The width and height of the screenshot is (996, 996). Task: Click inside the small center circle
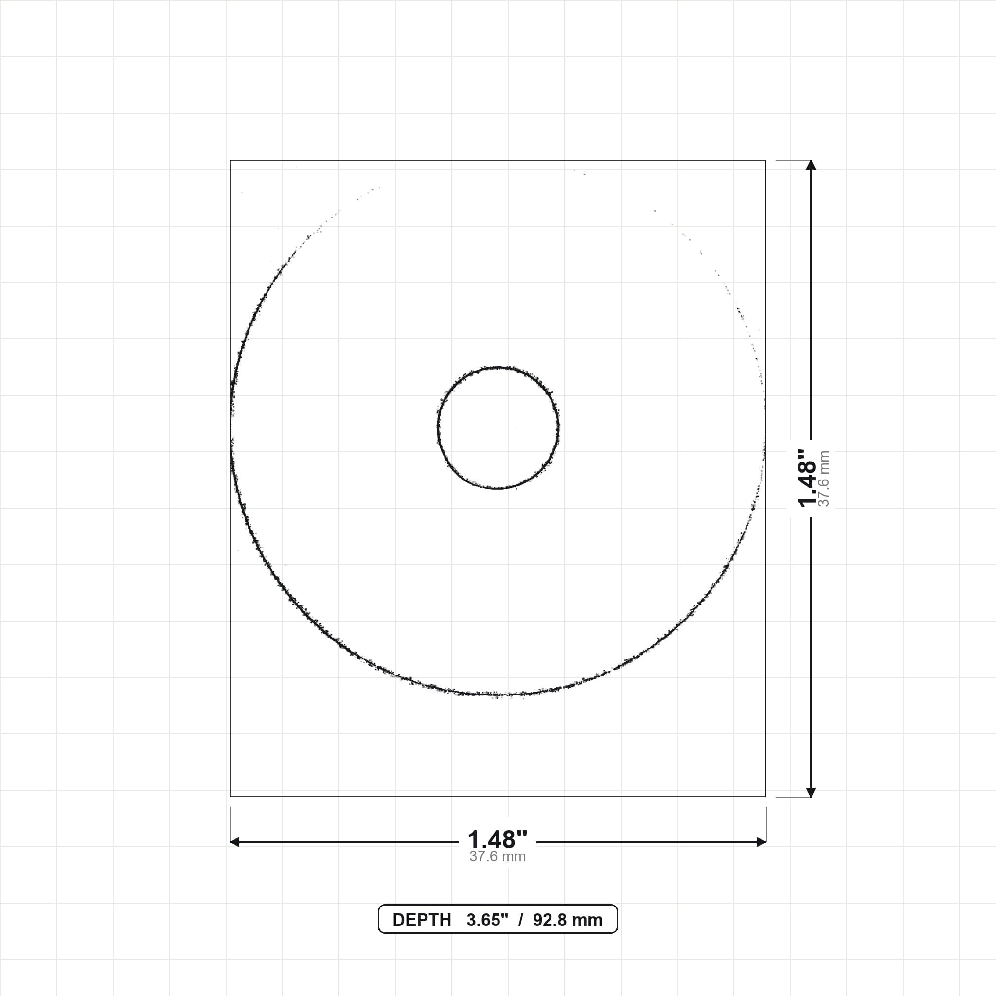coord(498,427)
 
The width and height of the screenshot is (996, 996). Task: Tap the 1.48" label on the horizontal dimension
coord(498,840)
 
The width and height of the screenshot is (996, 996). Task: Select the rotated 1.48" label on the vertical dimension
coord(807,478)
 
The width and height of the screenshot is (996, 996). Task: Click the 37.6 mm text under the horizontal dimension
coord(498,857)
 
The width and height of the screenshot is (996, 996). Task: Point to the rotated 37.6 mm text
coord(824,479)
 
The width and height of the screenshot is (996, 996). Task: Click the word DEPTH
coord(422,920)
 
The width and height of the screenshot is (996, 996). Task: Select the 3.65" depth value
coord(487,920)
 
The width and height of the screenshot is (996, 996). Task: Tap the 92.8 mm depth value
coord(568,920)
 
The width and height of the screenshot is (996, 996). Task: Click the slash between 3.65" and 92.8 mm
coord(521,920)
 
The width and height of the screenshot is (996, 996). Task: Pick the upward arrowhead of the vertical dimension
coord(811,165)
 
